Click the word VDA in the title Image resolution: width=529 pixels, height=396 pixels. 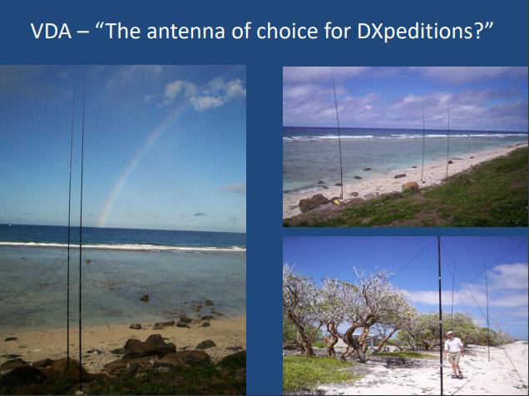[x=51, y=32]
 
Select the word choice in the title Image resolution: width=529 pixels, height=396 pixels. [x=287, y=31]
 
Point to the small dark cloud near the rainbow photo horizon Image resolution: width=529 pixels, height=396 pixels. [x=200, y=214]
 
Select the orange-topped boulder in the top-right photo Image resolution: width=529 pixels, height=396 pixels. [x=411, y=186]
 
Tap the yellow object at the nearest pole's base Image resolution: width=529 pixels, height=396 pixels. [x=336, y=201]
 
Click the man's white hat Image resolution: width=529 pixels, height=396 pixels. [x=449, y=333]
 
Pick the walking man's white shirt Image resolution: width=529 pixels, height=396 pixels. [x=453, y=344]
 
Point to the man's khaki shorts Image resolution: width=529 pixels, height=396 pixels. [x=455, y=358]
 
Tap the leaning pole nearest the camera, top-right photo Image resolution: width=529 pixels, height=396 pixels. [x=338, y=138]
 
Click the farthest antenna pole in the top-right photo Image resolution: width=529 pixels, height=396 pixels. [x=447, y=143]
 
